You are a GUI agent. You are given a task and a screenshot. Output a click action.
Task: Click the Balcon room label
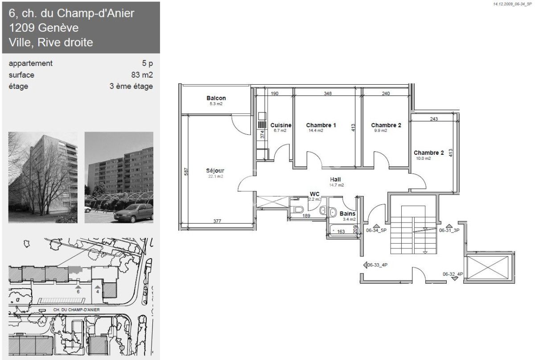pyautogui.click(x=216, y=98)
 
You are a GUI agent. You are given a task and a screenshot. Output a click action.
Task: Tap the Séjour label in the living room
pyautogui.click(x=215, y=170)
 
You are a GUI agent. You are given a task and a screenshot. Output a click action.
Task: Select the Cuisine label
pyautogui.click(x=281, y=125)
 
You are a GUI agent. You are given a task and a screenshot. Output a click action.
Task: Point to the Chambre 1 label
pyautogui.click(x=321, y=125)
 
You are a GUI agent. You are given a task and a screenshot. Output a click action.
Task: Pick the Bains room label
pyautogui.click(x=347, y=214)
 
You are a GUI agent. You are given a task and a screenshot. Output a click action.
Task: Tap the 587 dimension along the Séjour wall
pyautogui.click(x=186, y=171)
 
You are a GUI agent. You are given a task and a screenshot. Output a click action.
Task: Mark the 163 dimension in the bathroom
pyautogui.click(x=341, y=232)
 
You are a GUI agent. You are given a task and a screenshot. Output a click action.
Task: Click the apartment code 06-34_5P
pyautogui.click(x=376, y=231)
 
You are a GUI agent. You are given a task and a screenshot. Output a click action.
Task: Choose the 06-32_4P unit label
pyautogui.click(x=453, y=274)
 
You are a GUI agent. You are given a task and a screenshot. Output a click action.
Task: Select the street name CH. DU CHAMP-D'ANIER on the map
pyautogui.click(x=76, y=310)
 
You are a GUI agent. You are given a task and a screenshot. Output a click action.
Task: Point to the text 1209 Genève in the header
pyautogui.click(x=44, y=28)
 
